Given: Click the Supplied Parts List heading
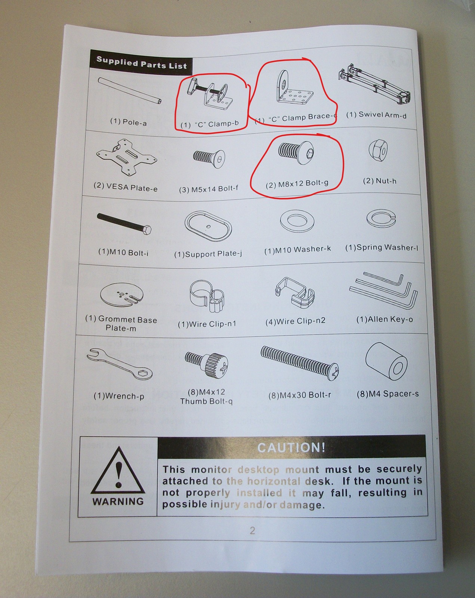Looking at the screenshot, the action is tap(142, 63).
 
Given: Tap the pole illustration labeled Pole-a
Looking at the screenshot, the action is tap(130, 90).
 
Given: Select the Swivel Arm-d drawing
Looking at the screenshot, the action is tap(374, 84).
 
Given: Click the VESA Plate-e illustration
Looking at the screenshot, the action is tap(126, 157).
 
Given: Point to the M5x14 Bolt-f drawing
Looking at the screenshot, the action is tap(209, 158).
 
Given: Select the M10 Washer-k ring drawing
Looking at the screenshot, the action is tap(297, 221).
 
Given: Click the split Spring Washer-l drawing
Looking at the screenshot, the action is tap(381, 218).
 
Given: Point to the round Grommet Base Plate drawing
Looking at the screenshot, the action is tap(122, 295).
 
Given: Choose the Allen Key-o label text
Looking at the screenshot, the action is tap(385, 320).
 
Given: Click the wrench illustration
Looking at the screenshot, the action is tap(120, 364).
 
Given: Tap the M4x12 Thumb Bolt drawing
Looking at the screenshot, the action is tap(206, 366).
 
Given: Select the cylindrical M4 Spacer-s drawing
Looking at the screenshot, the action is tap(387, 361).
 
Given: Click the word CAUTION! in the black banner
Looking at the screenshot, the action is tap(291, 448).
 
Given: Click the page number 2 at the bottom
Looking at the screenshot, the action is tap(252, 530).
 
